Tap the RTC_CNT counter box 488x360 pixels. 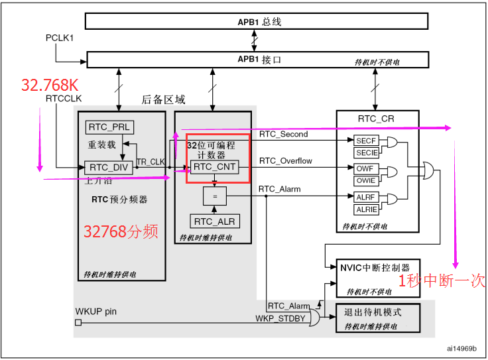click(213, 166)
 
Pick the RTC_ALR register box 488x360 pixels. click(213, 221)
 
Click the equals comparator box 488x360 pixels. click(213, 196)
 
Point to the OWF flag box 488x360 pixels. click(365, 169)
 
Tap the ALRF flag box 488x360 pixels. click(365, 197)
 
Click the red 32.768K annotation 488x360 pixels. click(50, 85)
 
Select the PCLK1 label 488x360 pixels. click(60, 38)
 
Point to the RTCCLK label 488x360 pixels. click(64, 98)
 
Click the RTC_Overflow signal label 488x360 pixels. click(285, 161)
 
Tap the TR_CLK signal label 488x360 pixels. click(151, 162)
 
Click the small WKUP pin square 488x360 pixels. click(78, 323)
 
